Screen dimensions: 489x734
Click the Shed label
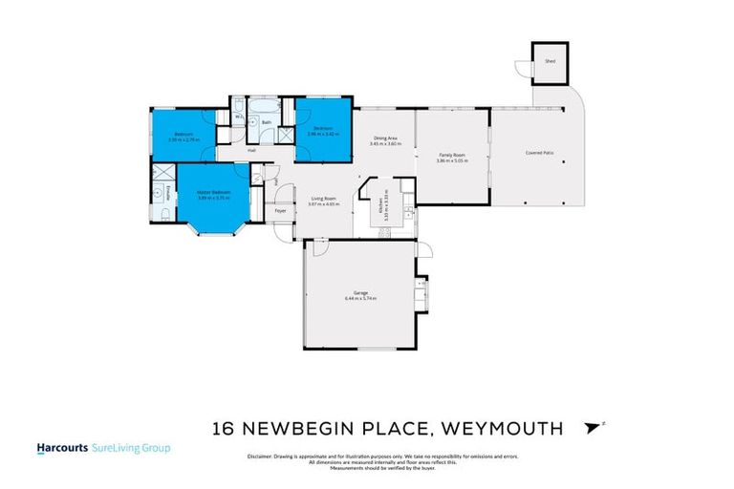[550, 60]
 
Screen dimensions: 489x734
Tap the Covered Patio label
[539, 153]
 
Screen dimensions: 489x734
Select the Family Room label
[451, 155]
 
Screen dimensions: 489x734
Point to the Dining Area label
[385, 138]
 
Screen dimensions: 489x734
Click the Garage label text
[360, 293]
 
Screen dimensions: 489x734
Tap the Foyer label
[280, 210]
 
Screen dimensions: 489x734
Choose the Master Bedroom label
[214, 192]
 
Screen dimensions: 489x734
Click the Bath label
[268, 122]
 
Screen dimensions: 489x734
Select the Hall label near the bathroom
[251, 150]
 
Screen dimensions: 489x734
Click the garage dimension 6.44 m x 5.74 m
[360, 299]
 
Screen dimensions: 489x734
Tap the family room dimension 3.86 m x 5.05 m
[451, 160]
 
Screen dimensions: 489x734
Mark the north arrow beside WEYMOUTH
[597, 427]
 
